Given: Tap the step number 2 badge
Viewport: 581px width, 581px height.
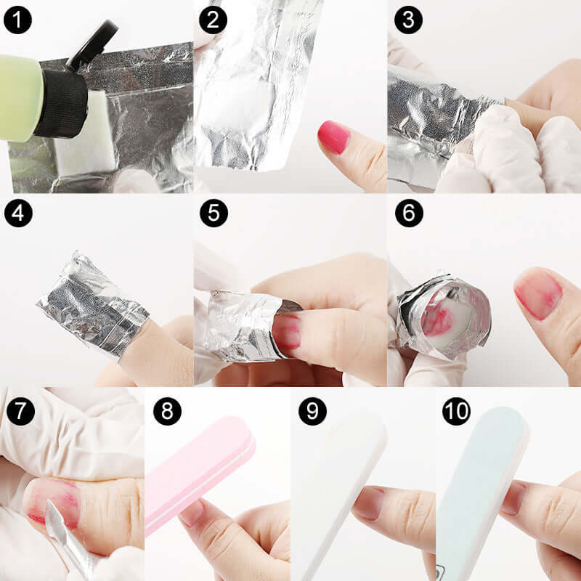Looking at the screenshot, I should [x=212, y=20].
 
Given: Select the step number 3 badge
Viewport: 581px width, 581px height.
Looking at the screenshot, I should [x=408, y=20].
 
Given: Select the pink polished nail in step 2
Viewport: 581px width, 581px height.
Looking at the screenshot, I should [x=333, y=137].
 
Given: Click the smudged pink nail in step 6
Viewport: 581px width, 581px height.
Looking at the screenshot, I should [x=538, y=294].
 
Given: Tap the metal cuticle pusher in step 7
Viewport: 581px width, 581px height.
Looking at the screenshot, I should [x=65, y=537].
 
